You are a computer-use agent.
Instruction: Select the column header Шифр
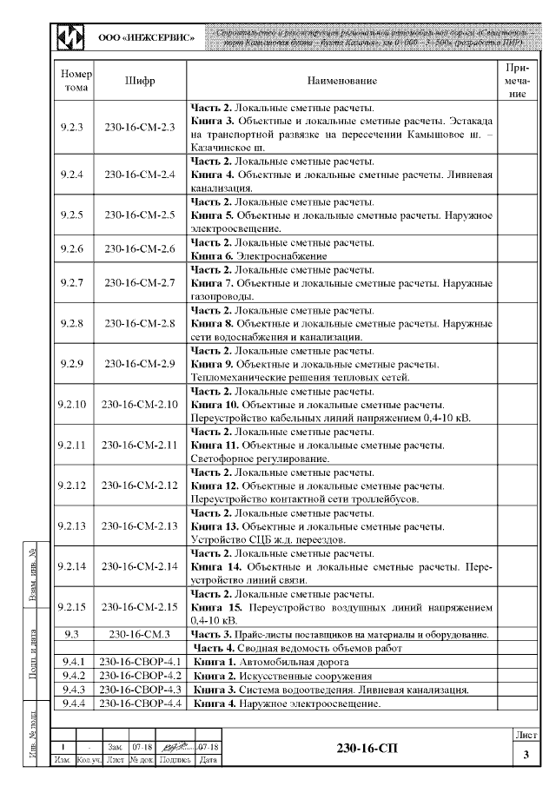(x=140, y=81)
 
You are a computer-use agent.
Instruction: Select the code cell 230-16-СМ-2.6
(x=140, y=249)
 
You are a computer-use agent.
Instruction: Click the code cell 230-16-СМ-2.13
(x=140, y=525)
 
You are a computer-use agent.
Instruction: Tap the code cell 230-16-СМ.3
(x=140, y=634)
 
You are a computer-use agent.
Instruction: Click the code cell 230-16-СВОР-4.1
(x=140, y=662)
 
